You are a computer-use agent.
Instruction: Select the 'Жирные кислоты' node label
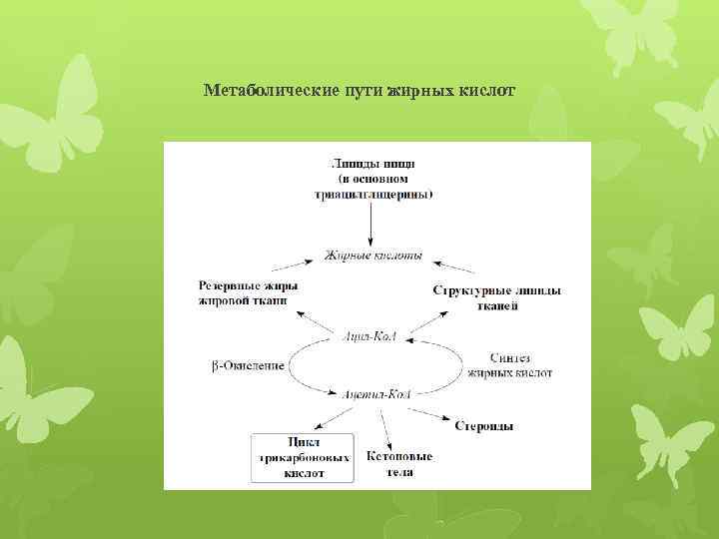click(373, 256)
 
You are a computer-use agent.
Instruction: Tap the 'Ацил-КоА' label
click(369, 337)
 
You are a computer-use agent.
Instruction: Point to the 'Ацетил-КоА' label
click(372, 395)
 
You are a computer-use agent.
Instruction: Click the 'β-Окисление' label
click(248, 366)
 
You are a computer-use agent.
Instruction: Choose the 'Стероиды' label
click(482, 426)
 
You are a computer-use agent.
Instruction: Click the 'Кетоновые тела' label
click(398, 463)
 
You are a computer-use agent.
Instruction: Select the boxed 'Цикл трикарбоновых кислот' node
click(303, 457)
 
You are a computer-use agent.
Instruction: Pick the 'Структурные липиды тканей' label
click(496, 297)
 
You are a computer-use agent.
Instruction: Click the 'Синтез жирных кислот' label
click(510, 364)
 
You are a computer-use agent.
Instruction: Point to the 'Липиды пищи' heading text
click(370, 163)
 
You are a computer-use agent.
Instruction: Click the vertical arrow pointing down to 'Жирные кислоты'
click(370, 222)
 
